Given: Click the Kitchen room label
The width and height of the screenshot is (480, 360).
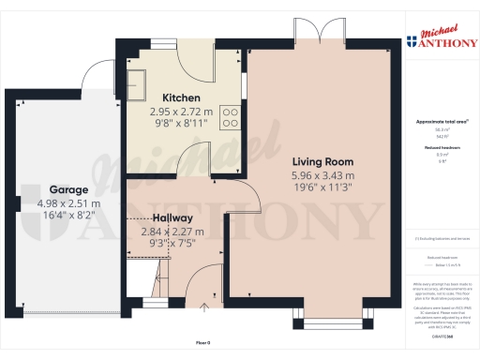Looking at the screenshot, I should click(x=182, y=97).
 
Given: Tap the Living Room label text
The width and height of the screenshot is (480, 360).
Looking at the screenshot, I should click(x=322, y=161).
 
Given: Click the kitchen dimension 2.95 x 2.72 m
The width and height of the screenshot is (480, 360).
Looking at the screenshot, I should click(x=182, y=111).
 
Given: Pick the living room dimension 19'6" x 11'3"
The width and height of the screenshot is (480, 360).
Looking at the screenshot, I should click(x=322, y=187).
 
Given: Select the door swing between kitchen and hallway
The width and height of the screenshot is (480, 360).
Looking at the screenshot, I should click(x=192, y=159).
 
